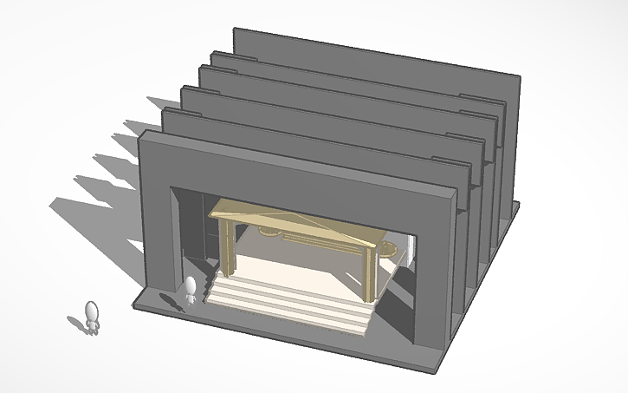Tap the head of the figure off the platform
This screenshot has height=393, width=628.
(x=92, y=309)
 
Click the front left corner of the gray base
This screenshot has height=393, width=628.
(x=139, y=305)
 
